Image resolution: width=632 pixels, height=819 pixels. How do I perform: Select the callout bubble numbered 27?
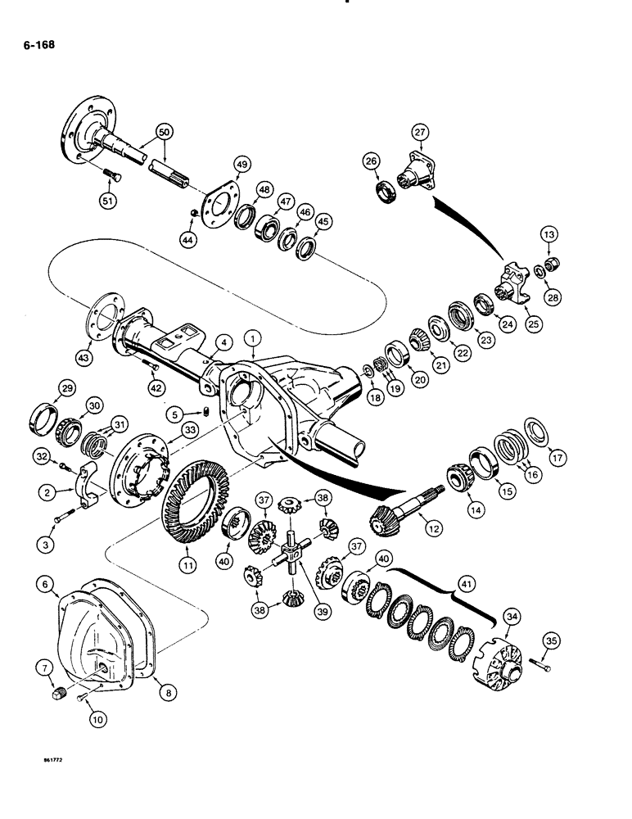(x=421, y=132)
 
